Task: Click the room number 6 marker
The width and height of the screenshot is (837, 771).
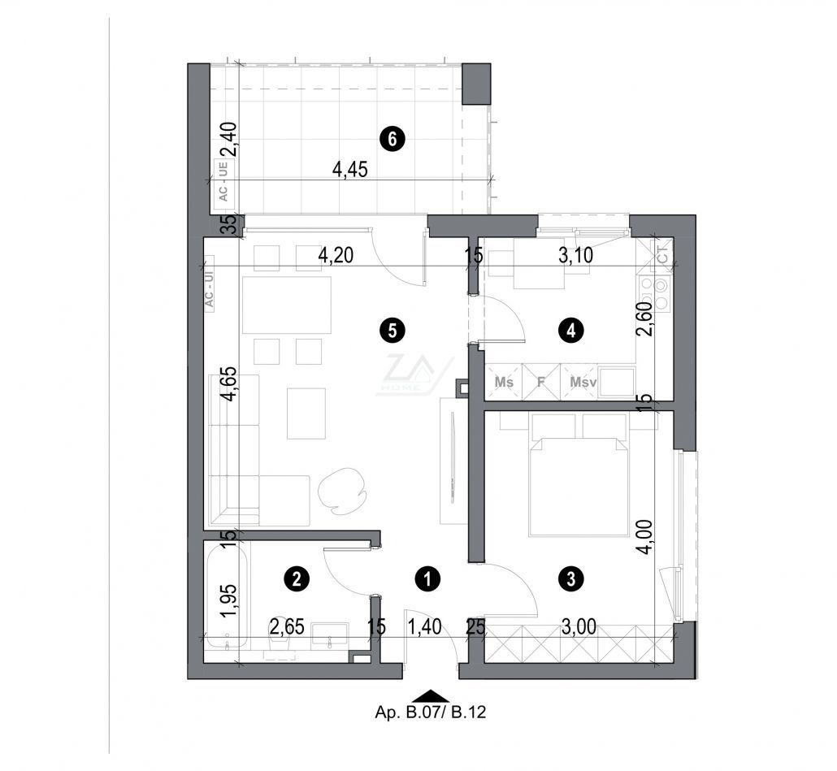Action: coord(392,140)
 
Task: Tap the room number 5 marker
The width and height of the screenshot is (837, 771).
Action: coord(392,330)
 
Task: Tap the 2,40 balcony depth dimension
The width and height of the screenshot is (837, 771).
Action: coord(231,138)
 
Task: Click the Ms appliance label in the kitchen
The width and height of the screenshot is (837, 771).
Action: coord(504,382)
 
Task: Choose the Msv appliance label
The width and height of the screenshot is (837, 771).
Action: coord(582,382)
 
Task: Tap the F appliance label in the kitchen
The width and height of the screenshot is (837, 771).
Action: coord(540,382)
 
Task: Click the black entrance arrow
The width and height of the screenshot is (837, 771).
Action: coord(431,695)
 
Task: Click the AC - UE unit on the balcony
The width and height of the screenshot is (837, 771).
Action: coord(221,181)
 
